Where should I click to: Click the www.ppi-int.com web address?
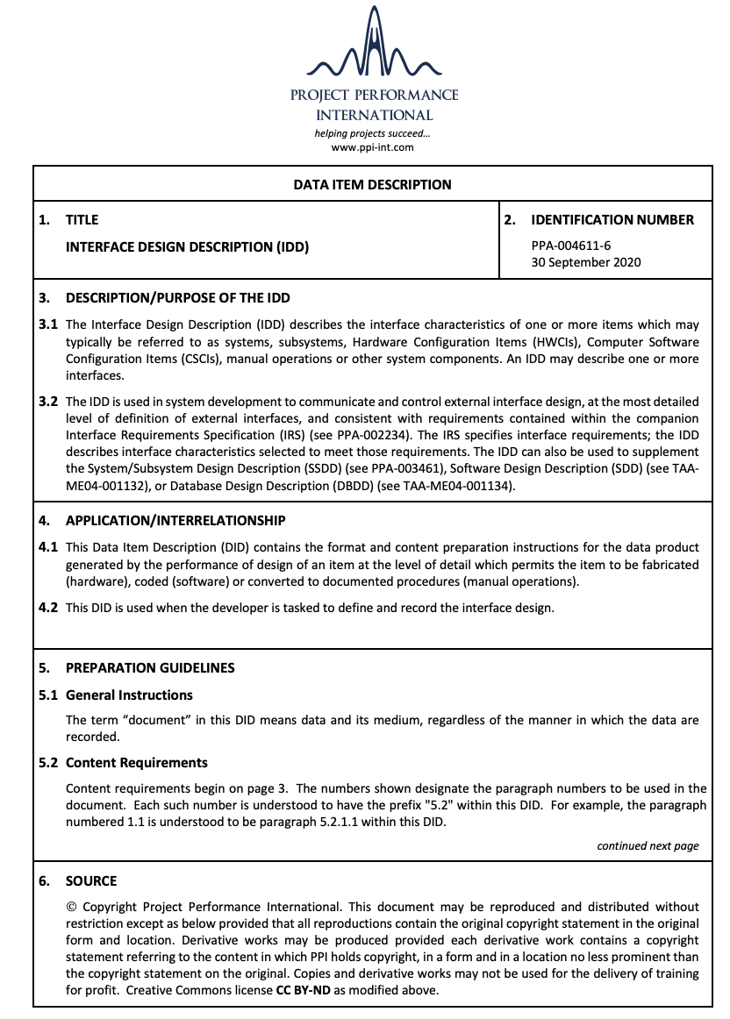372,148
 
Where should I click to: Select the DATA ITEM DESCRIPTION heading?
372,185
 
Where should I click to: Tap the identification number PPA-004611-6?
571,246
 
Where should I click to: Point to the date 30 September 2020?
585,262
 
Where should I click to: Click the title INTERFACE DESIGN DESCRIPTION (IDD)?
187,247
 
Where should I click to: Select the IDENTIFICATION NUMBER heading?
612,220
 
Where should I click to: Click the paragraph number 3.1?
48,324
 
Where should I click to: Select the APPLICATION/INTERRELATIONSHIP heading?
175,521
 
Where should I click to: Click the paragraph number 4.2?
48,608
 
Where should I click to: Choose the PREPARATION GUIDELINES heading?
150,668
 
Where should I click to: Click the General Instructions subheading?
129,695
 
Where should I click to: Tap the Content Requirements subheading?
137,763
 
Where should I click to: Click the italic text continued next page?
648,846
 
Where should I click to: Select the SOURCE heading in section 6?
91,880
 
